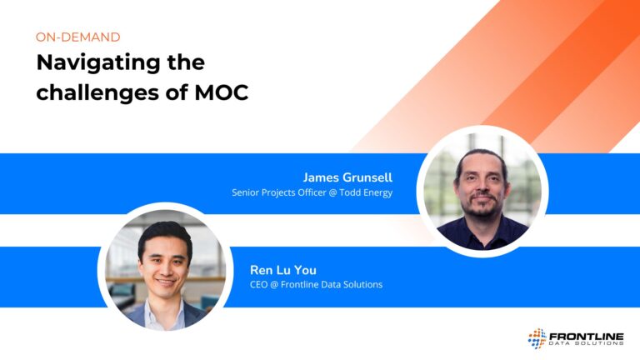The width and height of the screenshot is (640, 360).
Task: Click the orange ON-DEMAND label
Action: click(78, 37)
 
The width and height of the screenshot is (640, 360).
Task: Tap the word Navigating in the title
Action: click(98, 63)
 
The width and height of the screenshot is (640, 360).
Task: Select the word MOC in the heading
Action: click(221, 92)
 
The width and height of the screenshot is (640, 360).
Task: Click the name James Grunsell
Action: click(347, 177)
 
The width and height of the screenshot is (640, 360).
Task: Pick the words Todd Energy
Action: click(366, 192)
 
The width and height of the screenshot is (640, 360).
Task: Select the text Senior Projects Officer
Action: click(279, 192)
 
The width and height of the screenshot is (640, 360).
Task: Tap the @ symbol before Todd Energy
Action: click(332, 192)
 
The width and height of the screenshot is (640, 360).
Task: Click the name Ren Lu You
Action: click(282, 270)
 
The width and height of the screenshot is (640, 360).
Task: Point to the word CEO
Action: click(258, 284)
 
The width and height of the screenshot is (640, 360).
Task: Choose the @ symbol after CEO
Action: click(274, 284)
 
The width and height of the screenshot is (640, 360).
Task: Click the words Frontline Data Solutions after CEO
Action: click(332, 284)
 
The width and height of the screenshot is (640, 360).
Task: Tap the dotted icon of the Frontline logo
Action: click(537, 338)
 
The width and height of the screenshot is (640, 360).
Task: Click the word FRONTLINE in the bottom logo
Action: click(586, 337)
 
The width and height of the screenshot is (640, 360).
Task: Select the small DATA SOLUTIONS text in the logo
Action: click(586, 343)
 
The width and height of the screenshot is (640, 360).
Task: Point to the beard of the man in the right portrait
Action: click(482, 205)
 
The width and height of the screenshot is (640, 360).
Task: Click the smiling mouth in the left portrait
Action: click(166, 282)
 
